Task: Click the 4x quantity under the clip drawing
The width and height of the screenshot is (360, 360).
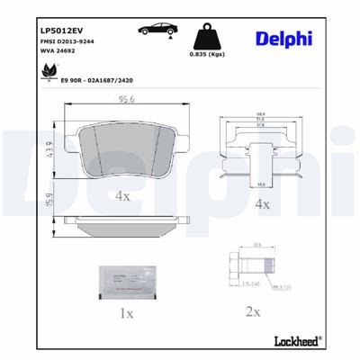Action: pos(263,205)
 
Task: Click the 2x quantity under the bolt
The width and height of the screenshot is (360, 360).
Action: pos(253,313)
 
